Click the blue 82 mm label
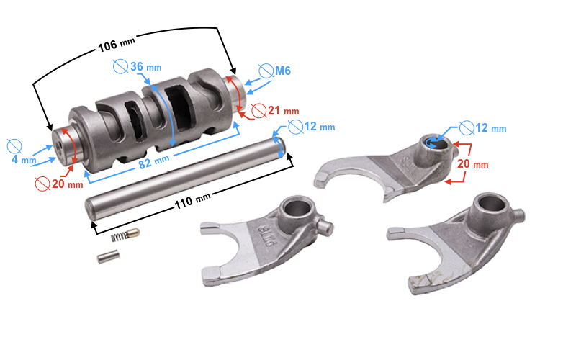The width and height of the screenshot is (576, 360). (154, 161)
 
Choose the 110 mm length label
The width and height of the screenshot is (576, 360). (192, 201)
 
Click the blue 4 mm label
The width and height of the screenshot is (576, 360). (24, 160)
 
